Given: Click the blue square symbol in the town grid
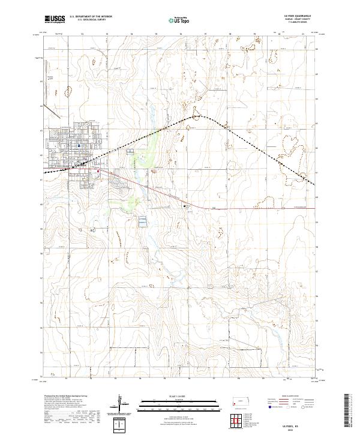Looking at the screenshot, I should pos(79,145).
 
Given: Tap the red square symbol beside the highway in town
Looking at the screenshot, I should pos(97,171).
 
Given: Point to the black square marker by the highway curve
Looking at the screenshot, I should pos(184,206).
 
